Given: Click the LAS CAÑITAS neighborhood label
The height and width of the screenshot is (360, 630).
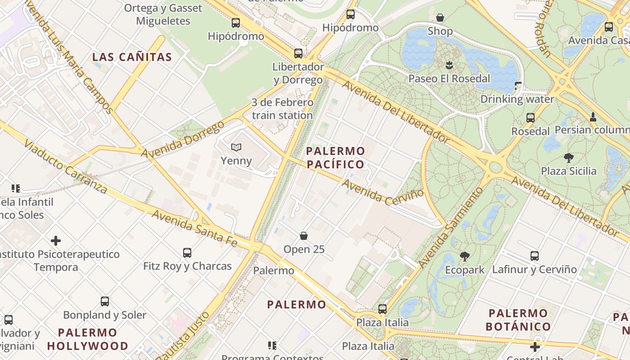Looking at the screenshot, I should point(132,57).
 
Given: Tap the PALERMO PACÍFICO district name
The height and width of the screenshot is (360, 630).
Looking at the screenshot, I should point(335,157).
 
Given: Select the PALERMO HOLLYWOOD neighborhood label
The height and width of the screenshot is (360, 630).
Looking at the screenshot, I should point(88,339).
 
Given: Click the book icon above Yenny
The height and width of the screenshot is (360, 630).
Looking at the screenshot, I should point(236,147).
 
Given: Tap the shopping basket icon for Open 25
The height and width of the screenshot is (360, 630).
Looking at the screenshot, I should point(304,236).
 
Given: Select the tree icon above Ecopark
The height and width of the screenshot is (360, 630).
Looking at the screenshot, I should point(465,256).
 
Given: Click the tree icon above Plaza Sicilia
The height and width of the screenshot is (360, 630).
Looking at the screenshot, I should point(569,157).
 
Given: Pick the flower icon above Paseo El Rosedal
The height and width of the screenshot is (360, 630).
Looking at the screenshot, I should point(449,65).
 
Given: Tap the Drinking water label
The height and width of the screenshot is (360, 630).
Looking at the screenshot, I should point(517,99).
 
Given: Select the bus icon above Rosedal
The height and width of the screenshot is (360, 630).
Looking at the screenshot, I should point(531,118).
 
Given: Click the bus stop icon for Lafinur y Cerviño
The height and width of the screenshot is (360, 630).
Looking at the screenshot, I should point(535,256).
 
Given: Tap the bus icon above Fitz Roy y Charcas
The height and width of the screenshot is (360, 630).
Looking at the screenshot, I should point(187,252).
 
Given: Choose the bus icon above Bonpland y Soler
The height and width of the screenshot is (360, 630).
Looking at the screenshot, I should point(105,301).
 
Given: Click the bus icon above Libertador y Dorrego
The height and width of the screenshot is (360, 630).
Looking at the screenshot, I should point(298,54).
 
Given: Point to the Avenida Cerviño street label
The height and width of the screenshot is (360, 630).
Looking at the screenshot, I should point(383,193).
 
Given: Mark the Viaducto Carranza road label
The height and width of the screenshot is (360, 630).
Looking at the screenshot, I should point(65,167).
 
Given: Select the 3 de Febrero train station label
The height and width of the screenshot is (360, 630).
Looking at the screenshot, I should point(282,109).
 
